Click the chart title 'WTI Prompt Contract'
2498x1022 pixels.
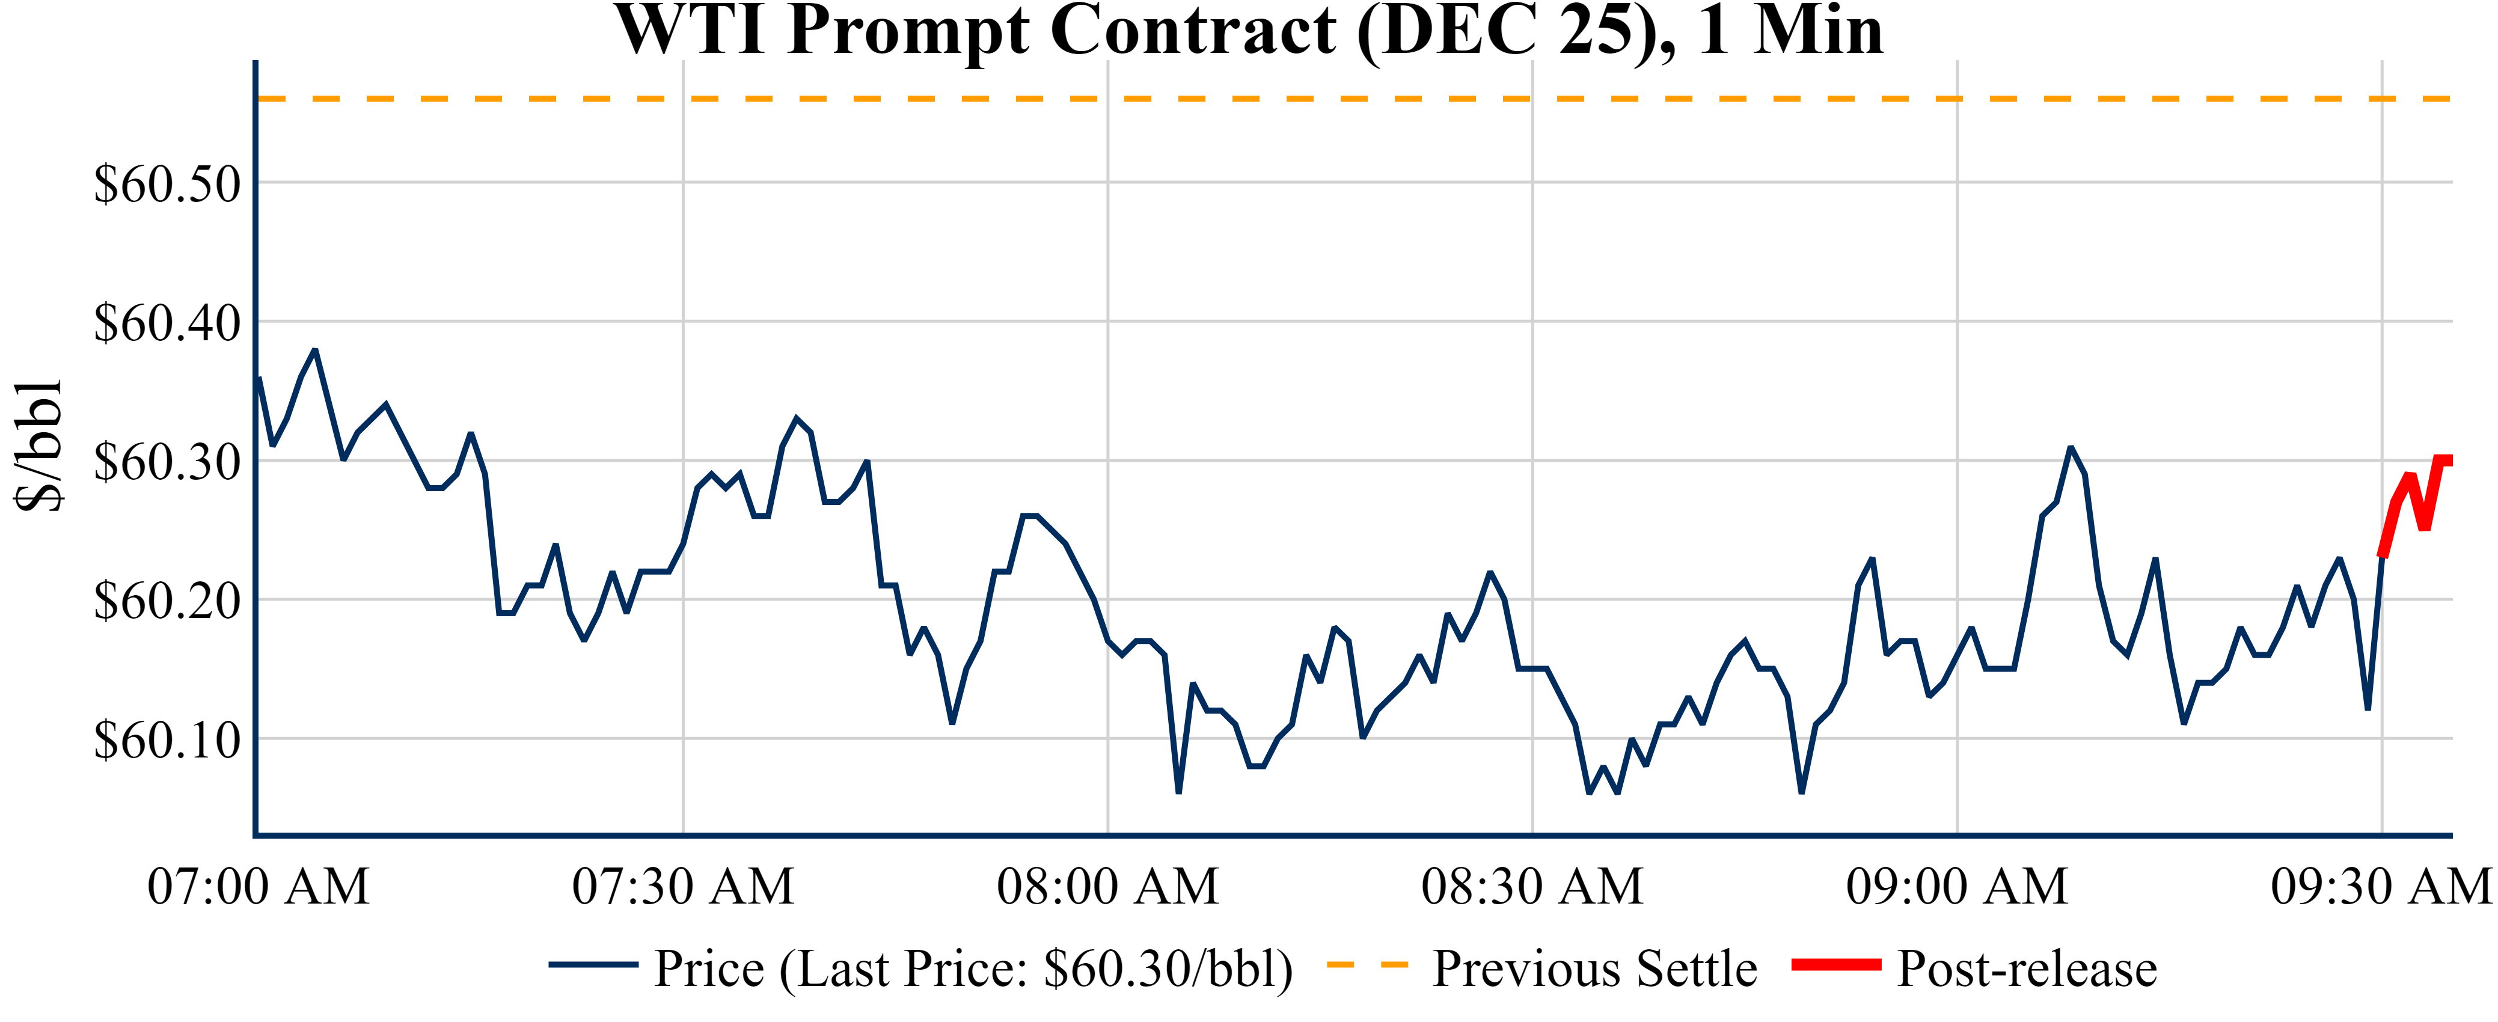[1249, 31]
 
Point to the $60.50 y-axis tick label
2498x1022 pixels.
[167, 183]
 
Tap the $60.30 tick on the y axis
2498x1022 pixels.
[167, 462]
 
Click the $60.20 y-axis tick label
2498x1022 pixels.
[167, 601]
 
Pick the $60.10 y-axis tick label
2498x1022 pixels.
[167, 740]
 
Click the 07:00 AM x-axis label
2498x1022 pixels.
[258, 886]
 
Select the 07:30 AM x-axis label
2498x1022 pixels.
[683, 886]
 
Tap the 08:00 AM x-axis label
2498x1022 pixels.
[1107, 886]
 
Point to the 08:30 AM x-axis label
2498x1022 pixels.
[1532, 886]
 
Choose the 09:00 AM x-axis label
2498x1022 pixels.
[1957, 886]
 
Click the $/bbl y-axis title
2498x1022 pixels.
[39, 444]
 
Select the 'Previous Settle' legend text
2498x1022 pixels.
[1594, 968]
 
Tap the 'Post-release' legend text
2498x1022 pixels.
[2027, 968]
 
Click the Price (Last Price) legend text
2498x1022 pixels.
[973, 968]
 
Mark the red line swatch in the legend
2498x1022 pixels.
[1835, 965]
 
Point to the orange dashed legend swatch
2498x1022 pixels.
[1367, 965]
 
